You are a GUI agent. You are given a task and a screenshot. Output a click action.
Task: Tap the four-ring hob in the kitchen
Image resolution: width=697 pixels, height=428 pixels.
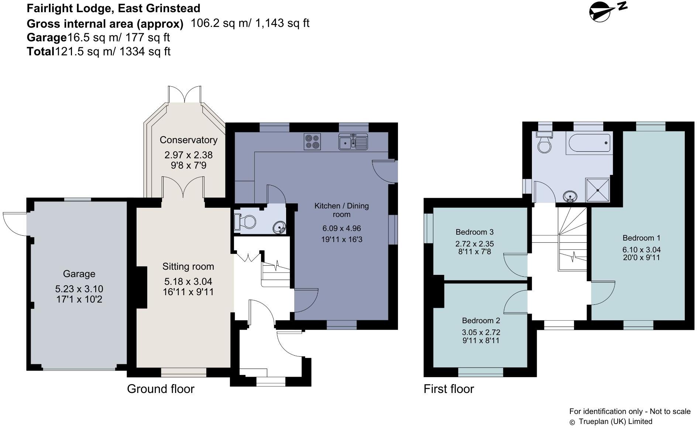pyautogui.click(x=312, y=141)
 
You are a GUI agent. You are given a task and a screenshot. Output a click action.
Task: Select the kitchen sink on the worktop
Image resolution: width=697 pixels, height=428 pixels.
pyautogui.click(x=353, y=142)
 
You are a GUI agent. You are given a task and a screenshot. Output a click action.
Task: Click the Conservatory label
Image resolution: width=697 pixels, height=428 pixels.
pyautogui.click(x=188, y=140)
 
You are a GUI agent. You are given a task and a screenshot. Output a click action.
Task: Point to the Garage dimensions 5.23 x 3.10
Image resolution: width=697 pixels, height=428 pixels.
pyautogui.click(x=79, y=289)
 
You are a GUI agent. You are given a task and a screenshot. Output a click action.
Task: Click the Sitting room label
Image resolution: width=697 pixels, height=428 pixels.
pyautogui.click(x=188, y=266)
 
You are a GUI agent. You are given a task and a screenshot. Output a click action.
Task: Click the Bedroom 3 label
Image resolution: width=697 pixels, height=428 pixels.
pyautogui.click(x=474, y=232)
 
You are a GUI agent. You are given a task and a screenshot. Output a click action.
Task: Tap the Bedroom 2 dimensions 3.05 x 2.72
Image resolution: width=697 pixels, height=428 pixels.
pyautogui.click(x=481, y=332)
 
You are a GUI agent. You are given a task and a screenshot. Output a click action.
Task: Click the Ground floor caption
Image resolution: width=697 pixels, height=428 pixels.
pyautogui.click(x=161, y=389)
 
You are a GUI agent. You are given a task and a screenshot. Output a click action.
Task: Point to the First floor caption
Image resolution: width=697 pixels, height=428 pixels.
pyautogui.click(x=449, y=389)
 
